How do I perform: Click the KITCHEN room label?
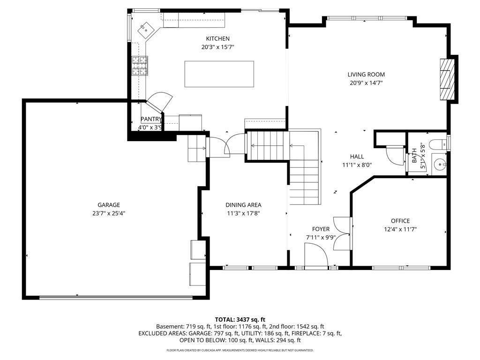[217, 38]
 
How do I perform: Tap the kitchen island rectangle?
[219, 74]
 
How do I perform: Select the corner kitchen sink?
[145, 30]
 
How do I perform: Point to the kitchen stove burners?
[140, 66]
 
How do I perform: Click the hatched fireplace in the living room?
[447, 79]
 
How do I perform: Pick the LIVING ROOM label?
[366, 75]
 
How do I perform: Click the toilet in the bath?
[438, 143]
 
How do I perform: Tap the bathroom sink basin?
[440, 165]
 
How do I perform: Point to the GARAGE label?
[109, 205]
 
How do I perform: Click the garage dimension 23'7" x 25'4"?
[109, 213]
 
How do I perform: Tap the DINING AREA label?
[243, 205]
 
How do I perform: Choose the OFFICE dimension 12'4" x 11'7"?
[400, 229]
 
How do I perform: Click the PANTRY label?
[151, 119]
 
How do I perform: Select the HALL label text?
[357, 157]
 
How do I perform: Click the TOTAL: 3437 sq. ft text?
[240, 320]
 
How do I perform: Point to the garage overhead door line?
[116, 297]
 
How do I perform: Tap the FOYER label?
[321, 229]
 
